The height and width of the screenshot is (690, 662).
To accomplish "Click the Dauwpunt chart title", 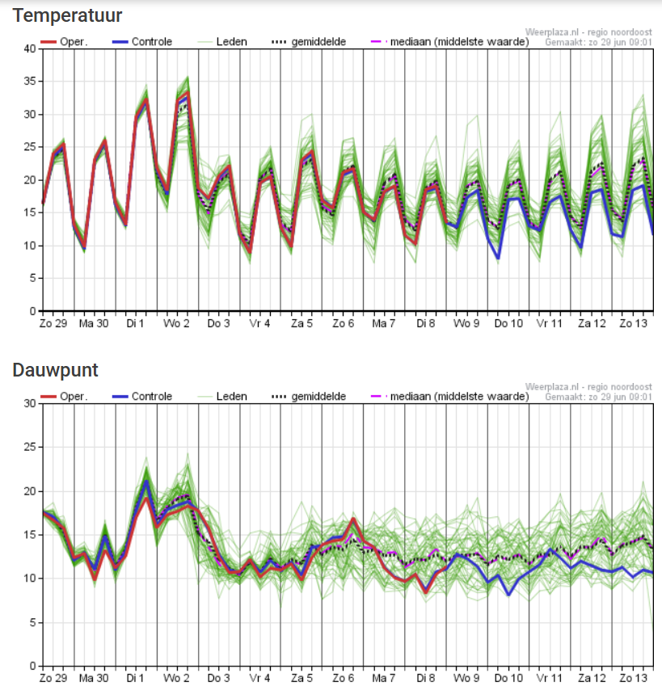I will click(55, 370).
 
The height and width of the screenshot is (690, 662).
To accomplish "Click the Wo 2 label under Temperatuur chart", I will click(178, 323).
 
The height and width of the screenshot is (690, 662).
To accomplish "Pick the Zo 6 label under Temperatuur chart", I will click(343, 323).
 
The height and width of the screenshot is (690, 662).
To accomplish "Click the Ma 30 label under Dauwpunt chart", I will click(95, 679).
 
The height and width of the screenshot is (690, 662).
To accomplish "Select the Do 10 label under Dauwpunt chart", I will click(508, 679).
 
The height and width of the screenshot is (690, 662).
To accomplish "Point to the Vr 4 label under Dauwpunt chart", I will click(260, 679).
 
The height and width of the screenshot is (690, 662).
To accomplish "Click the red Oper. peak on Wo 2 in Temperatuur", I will click(188, 95).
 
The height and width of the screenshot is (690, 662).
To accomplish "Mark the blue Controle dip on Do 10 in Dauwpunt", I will click(509, 595).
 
